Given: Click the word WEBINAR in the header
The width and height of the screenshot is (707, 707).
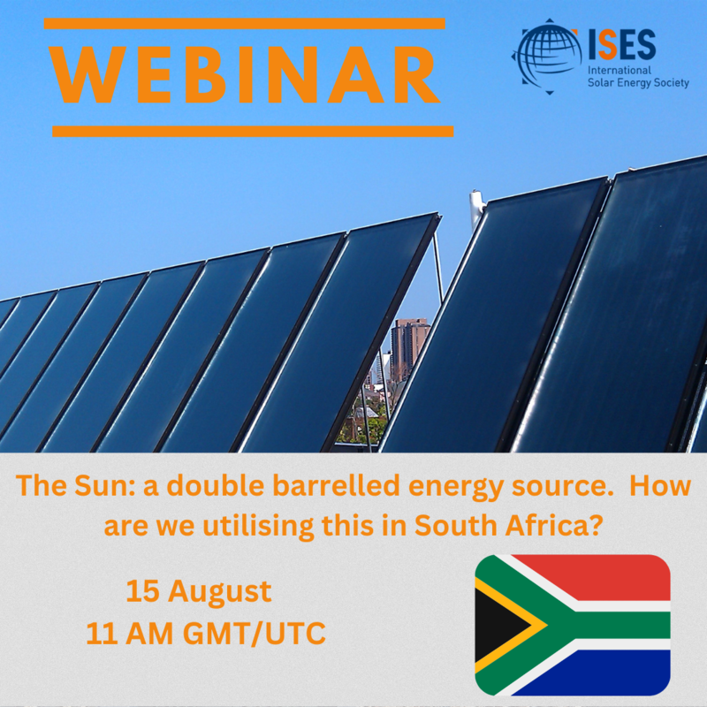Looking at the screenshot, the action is pyautogui.click(x=245, y=75).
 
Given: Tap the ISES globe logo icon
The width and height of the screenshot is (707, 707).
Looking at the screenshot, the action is pyautogui.click(x=547, y=56).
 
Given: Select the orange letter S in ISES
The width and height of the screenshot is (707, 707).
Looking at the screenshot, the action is pyautogui.click(x=608, y=45).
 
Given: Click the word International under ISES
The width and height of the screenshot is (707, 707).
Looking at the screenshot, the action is pyautogui.click(x=620, y=71).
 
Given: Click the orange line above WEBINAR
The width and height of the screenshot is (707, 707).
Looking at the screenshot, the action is pyautogui.click(x=245, y=24).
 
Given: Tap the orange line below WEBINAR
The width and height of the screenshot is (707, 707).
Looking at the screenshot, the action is pyautogui.click(x=253, y=131).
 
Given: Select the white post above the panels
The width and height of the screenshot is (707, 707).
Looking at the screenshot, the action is pyautogui.click(x=475, y=209).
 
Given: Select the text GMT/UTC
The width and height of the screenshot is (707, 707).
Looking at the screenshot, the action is pyautogui.click(x=255, y=633).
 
